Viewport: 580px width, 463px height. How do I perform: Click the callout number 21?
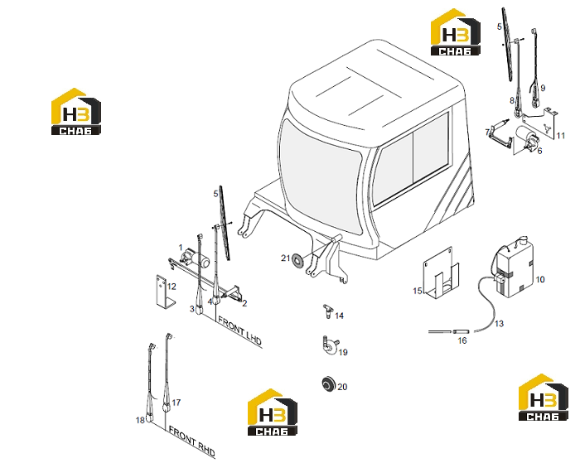285,258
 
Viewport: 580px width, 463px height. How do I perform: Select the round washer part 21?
297,259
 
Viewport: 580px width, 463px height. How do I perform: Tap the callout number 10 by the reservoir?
540,279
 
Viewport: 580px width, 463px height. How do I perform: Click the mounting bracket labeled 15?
442,274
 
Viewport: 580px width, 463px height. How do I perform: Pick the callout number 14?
339,316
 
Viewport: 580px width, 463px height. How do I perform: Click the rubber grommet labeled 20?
328,383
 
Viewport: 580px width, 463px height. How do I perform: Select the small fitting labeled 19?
330,345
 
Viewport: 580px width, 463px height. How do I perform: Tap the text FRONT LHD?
239,331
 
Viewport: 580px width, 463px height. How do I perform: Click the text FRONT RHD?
191,441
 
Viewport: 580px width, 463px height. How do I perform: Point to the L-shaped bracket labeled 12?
164,291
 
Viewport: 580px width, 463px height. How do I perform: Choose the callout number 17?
176,403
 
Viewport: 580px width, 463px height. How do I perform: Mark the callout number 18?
140,420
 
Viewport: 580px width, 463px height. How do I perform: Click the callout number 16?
462,340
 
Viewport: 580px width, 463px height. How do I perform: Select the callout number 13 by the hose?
499,324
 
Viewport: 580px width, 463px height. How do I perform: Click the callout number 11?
561,136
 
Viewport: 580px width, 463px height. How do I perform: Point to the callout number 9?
543,88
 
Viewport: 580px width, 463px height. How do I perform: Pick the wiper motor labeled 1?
195,257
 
